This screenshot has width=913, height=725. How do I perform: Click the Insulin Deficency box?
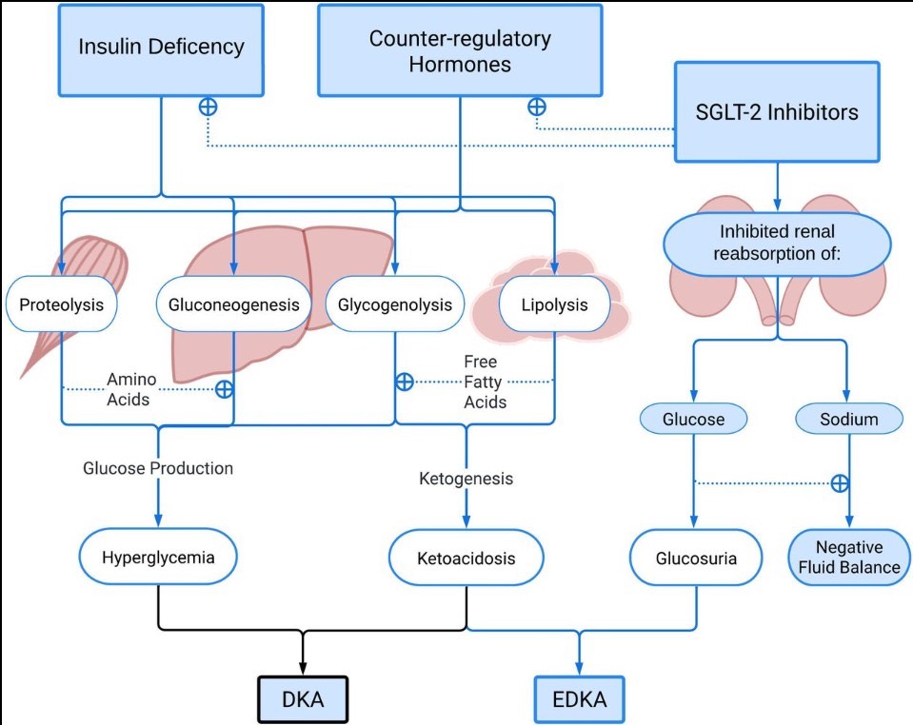click(x=161, y=47)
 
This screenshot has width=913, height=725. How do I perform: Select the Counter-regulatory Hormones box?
click(x=460, y=52)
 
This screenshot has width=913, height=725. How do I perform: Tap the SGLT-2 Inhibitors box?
click(x=777, y=112)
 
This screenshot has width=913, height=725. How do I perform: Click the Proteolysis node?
click(x=61, y=305)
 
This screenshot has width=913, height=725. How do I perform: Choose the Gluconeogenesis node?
click(x=234, y=305)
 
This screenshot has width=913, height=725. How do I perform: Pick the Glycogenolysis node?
click(x=395, y=305)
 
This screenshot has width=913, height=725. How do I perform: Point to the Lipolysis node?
click(x=554, y=305)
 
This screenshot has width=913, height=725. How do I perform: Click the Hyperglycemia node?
click(x=158, y=557)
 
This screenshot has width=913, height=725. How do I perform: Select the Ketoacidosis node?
click(x=466, y=558)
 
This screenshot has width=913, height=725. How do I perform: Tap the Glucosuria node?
click(x=696, y=558)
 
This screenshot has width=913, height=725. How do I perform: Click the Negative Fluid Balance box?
click(x=849, y=557)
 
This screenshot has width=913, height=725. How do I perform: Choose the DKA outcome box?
click(x=303, y=700)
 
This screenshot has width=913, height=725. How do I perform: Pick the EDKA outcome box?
click(x=579, y=702)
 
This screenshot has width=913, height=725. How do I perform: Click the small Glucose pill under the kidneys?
click(x=694, y=419)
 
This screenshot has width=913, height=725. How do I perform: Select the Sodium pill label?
click(x=848, y=419)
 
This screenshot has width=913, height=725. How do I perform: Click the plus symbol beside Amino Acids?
click(x=225, y=388)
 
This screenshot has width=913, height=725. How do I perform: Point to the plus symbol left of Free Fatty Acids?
click(x=405, y=382)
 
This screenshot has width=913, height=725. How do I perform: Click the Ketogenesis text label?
click(x=466, y=479)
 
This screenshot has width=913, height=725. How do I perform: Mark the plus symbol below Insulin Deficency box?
click(x=207, y=107)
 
